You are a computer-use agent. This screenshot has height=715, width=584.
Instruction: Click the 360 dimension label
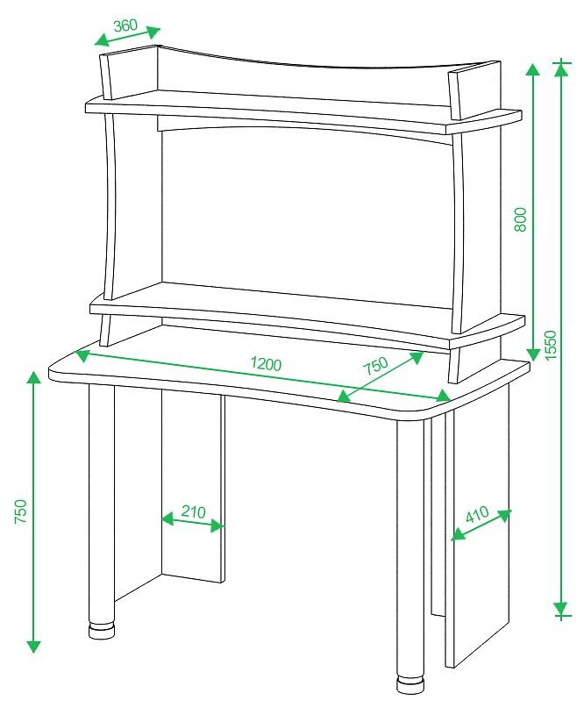(125, 25)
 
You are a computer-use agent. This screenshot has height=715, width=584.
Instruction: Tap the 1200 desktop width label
(267, 363)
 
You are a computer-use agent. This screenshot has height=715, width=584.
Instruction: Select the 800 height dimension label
(520, 219)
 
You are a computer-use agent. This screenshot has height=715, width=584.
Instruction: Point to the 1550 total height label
(551, 345)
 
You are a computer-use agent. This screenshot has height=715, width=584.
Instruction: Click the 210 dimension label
(193, 511)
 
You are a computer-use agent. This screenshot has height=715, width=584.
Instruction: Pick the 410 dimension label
(477, 514)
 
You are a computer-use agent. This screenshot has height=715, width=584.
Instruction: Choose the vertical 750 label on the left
(21, 511)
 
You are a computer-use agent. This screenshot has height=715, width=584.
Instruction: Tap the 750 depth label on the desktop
(375, 365)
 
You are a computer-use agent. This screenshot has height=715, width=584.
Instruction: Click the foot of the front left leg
(101, 631)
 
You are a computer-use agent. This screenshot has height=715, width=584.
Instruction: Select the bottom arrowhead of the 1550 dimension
(561, 609)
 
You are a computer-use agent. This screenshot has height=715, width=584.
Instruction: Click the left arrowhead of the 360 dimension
(102, 40)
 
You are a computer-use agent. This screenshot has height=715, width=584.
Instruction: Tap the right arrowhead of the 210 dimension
(217, 526)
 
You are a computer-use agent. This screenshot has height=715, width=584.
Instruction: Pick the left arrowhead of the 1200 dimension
(82, 355)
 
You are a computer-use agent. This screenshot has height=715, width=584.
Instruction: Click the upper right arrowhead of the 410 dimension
(504, 516)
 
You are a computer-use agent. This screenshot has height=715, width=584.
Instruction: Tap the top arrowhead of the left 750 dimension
(32, 378)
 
